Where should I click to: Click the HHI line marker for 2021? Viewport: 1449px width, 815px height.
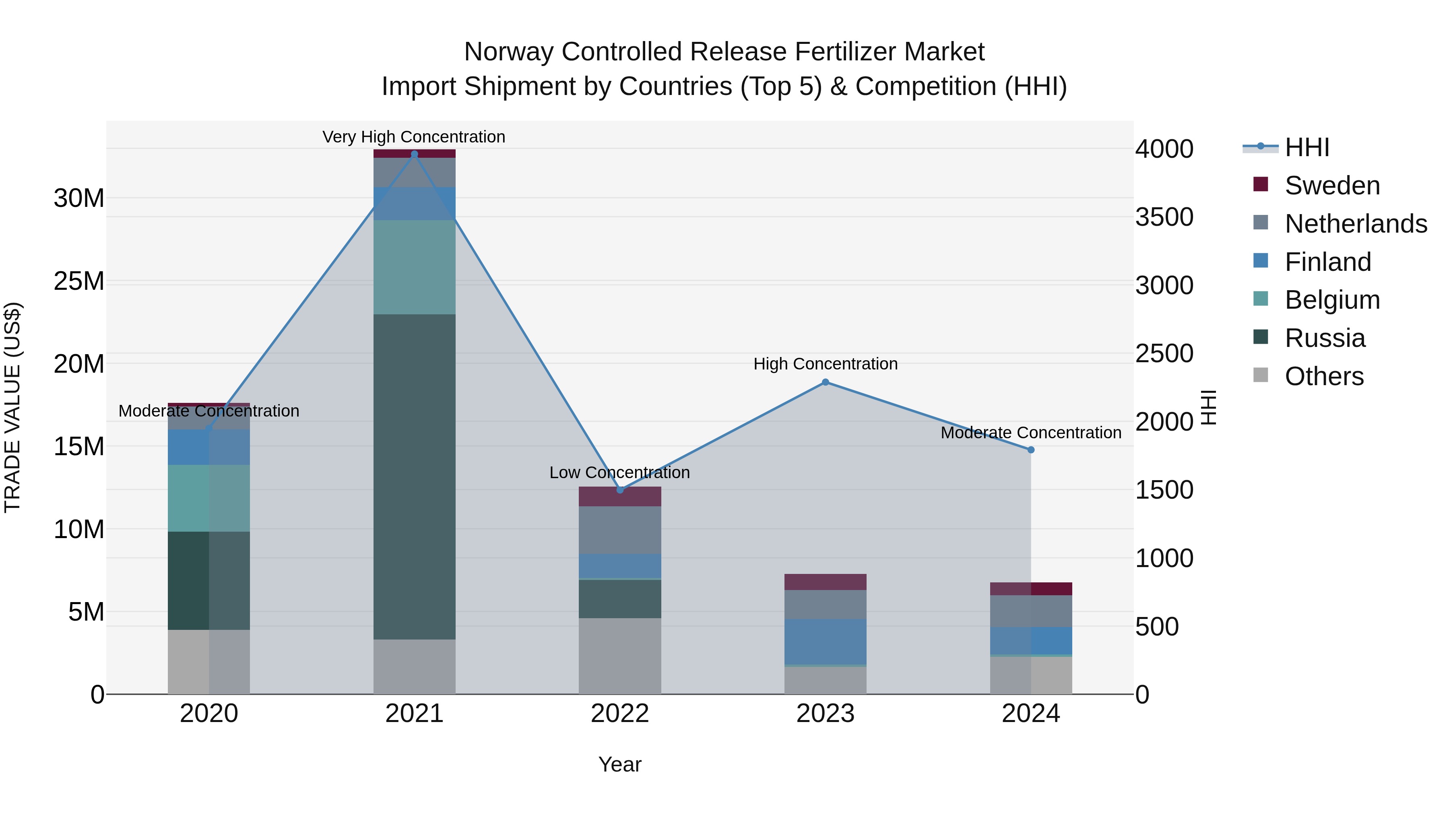(x=415, y=154)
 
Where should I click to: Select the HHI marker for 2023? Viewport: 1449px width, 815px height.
(x=825, y=382)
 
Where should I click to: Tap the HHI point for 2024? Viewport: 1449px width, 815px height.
(x=1030, y=450)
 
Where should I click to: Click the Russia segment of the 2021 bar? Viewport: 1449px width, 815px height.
(x=415, y=477)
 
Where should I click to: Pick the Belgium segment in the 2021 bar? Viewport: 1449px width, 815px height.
(x=415, y=267)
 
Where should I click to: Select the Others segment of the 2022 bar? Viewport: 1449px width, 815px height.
(x=620, y=656)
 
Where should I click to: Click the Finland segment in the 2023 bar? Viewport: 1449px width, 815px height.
(x=825, y=641)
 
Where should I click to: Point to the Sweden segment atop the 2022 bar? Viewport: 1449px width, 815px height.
(x=620, y=497)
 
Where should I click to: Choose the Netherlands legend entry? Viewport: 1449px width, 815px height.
(x=1356, y=224)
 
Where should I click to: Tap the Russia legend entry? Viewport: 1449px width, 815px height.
(x=1325, y=338)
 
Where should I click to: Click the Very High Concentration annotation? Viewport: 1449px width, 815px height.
(x=414, y=137)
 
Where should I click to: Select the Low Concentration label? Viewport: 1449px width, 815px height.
(x=619, y=472)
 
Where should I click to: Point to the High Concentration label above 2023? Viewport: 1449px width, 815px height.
(x=825, y=364)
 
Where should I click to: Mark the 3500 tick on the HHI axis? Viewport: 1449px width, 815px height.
(x=1164, y=217)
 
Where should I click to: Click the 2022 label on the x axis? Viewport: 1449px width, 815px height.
(x=620, y=714)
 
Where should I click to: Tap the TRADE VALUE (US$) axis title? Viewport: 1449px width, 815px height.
(x=13, y=407)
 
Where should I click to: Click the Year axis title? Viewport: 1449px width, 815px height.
(x=620, y=764)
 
